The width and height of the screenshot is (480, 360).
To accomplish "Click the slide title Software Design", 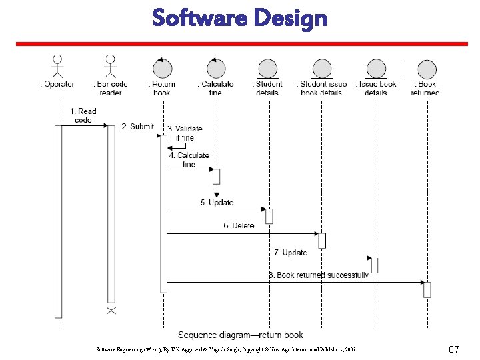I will (239, 18).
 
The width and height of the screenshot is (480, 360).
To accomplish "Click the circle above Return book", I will (162, 68).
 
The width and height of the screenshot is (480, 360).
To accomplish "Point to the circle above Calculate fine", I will (215, 68).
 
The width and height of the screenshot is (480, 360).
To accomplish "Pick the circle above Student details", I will (267, 68).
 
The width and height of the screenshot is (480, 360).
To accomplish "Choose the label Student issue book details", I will (323, 88).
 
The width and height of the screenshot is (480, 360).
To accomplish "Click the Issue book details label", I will (376, 88).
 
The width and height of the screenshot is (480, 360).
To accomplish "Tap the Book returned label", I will (425, 88).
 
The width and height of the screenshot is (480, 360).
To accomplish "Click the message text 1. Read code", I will (83, 115).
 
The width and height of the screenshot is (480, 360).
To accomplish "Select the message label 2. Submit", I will (137, 127).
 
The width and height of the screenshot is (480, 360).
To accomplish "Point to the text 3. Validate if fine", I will (185, 133).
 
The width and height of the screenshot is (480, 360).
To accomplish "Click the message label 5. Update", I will (217, 202).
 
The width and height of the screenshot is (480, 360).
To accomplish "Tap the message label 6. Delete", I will (239, 225).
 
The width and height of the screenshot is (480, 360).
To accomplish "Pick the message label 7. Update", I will (290, 253).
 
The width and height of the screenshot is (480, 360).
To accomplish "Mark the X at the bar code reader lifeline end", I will (111, 311).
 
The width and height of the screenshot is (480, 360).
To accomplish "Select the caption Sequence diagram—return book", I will (240, 335).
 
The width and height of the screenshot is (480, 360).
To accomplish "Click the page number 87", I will (454, 349).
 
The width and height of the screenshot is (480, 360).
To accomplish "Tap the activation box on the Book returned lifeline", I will (427, 289).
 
